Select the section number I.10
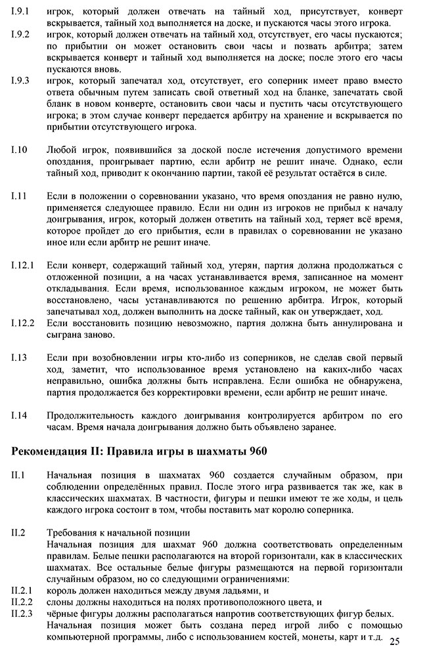(20, 150)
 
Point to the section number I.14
(20, 416)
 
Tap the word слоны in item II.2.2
(62, 601)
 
